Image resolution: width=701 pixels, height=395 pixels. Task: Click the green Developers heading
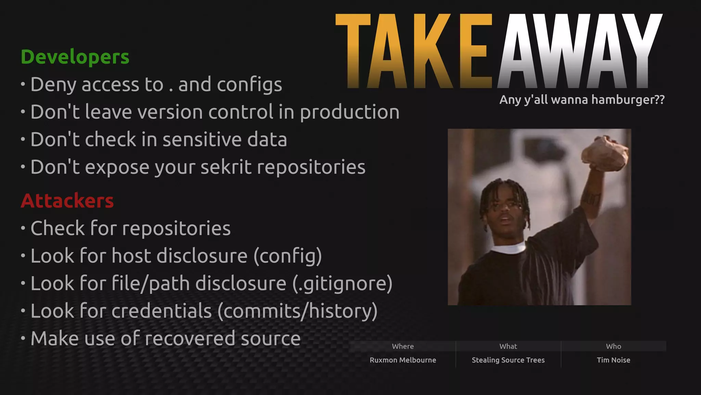point(75,57)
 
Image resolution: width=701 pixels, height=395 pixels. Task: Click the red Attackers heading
point(67,201)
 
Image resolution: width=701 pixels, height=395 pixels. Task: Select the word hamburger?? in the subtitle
point(628,100)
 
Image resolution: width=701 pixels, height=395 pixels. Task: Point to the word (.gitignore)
point(342,284)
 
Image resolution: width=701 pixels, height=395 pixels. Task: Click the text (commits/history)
point(297,311)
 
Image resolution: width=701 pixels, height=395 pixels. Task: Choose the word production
point(349,112)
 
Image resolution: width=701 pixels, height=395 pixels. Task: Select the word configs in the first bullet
point(249,85)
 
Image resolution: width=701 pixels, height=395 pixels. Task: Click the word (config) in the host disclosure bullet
point(288,256)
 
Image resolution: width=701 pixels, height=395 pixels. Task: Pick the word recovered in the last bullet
point(190,338)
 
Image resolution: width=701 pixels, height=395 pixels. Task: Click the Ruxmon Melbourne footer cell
point(403,360)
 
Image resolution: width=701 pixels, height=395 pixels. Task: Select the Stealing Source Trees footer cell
point(508,360)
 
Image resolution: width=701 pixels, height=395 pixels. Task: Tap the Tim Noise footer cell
point(613,360)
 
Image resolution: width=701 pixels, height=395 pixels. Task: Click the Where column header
point(403,346)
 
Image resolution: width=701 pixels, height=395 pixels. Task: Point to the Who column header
point(613,346)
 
